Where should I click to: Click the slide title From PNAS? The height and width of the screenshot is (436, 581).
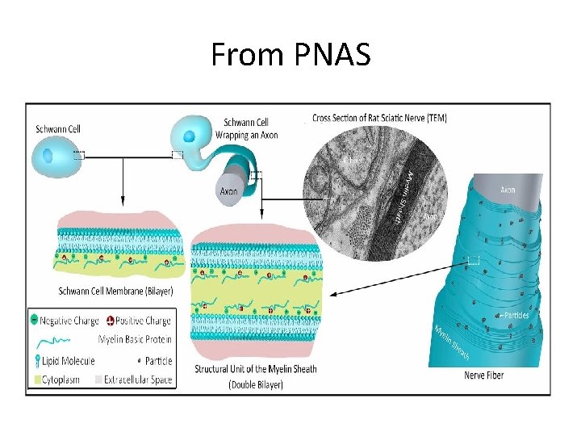tap(290, 55)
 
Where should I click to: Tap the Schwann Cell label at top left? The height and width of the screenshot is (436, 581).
tap(58, 128)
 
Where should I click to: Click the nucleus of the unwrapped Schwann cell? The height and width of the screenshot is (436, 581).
tap(48, 154)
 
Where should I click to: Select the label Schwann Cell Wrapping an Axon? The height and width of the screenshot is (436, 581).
tap(251, 128)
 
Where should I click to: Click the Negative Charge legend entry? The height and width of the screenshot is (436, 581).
tap(69, 321)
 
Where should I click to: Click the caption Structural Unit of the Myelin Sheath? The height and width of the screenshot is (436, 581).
tap(255, 369)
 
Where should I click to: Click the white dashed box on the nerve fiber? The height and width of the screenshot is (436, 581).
tap(474, 260)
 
